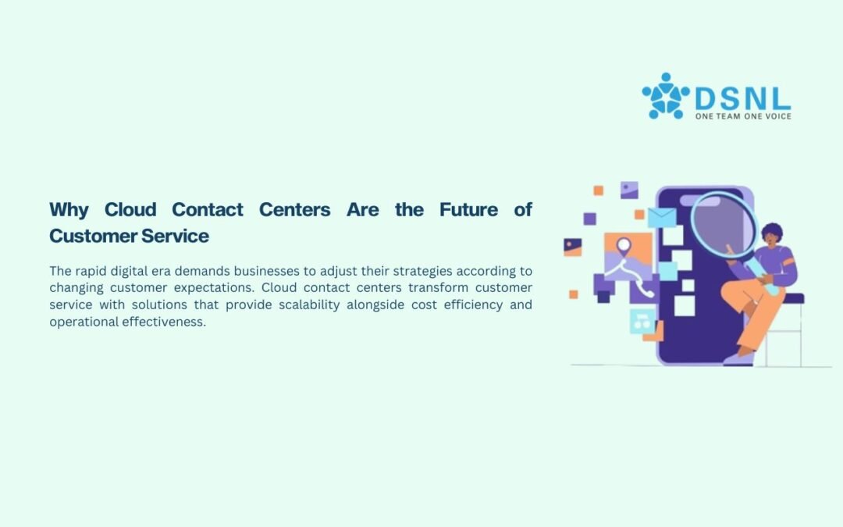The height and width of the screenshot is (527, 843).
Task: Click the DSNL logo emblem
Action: (x=666, y=96)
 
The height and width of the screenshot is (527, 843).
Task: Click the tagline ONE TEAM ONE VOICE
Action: (x=743, y=116)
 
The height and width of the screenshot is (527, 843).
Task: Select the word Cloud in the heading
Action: (x=130, y=209)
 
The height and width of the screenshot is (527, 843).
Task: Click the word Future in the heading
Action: (x=469, y=209)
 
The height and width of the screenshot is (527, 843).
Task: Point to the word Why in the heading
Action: (x=69, y=210)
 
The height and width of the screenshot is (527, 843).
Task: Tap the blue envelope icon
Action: (x=662, y=218)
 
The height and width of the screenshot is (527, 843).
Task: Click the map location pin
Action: (x=624, y=246)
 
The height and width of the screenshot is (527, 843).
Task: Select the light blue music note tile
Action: (x=642, y=321)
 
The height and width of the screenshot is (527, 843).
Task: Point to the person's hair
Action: (x=772, y=232)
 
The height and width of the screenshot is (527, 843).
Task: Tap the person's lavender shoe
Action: (x=738, y=359)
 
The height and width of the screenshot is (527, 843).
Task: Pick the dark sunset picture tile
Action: (x=573, y=247)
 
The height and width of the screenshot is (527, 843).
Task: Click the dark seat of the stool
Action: (x=792, y=298)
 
